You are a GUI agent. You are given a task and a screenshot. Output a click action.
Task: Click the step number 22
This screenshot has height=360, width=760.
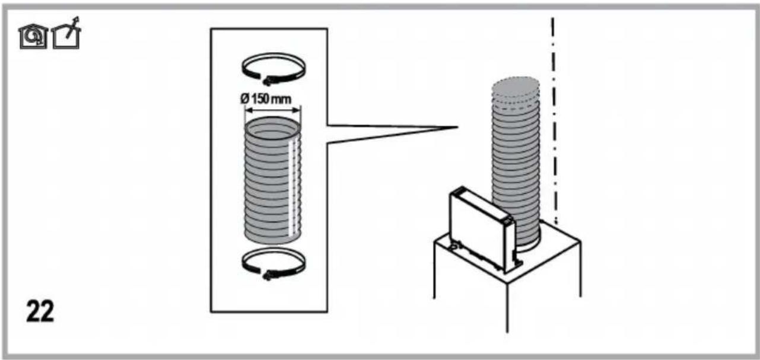click(x=40, y=311)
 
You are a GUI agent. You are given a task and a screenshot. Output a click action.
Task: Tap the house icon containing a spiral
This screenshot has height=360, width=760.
click(x=33, y=37)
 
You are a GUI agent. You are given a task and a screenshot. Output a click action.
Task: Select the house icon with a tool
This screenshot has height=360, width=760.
click(x=66, y=34)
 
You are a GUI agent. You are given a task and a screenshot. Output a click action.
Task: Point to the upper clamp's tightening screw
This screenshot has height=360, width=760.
click(x=268, y=81)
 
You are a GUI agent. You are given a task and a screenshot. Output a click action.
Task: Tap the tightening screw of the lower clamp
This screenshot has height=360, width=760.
click(x=268, y=276)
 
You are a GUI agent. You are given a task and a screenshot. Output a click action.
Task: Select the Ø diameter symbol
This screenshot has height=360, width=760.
click(x=245, y=99)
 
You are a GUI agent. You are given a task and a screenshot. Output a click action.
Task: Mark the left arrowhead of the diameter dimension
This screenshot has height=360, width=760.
click(x=248, y=110)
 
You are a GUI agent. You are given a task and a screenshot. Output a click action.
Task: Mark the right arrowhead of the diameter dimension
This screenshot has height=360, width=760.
click(x=297, y=110)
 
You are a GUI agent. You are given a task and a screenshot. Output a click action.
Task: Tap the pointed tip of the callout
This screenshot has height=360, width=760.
click(x=457, y=128)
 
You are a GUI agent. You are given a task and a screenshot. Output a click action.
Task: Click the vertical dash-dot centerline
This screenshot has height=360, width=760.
click(x=554, y=120)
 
